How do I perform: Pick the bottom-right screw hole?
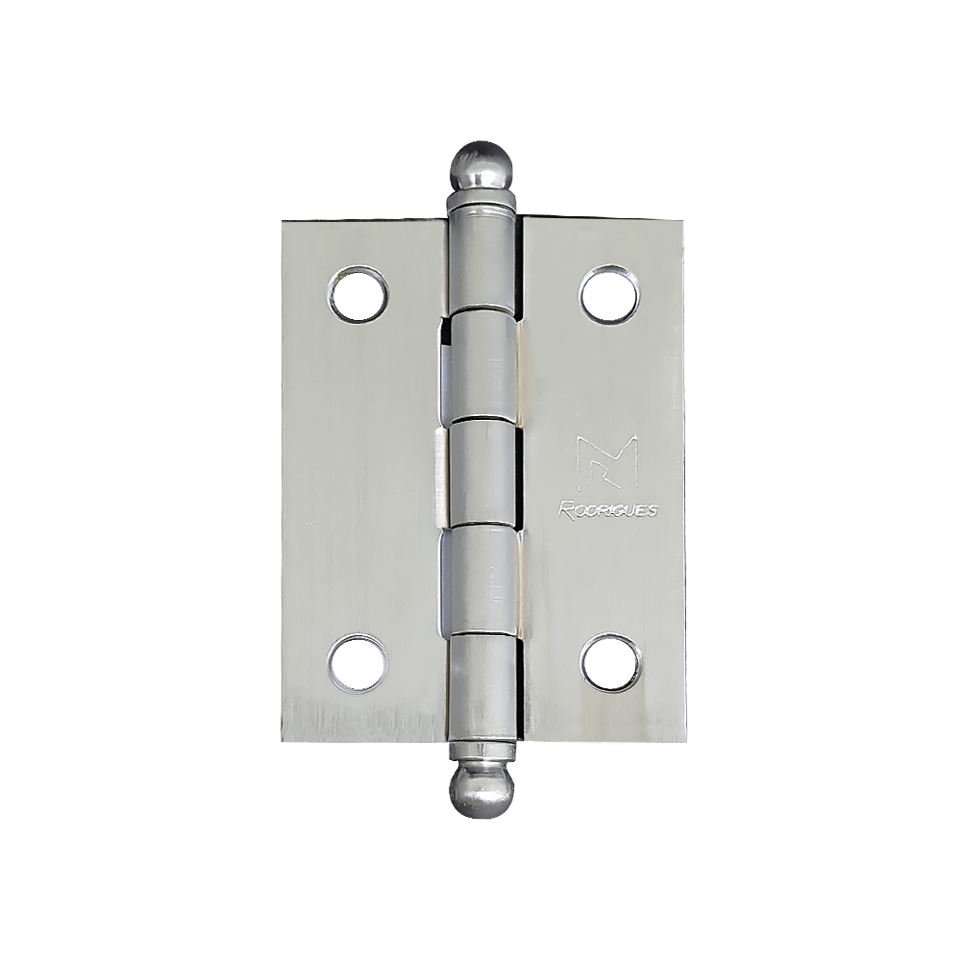pyautogui.click(x=610, y=664)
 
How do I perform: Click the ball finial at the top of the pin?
pyautogui.click(x=481, y=166)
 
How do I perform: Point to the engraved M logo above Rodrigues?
pyautogui.click(x=607, y=461)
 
